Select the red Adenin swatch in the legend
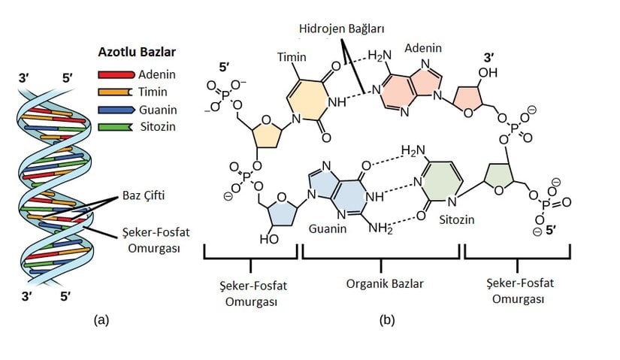(116, 74)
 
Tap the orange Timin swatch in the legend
(116, 92)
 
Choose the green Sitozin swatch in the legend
(116, 126)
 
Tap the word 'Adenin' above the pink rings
(423, 48)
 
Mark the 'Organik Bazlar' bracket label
(381, 285)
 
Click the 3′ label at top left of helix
(23, 76)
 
